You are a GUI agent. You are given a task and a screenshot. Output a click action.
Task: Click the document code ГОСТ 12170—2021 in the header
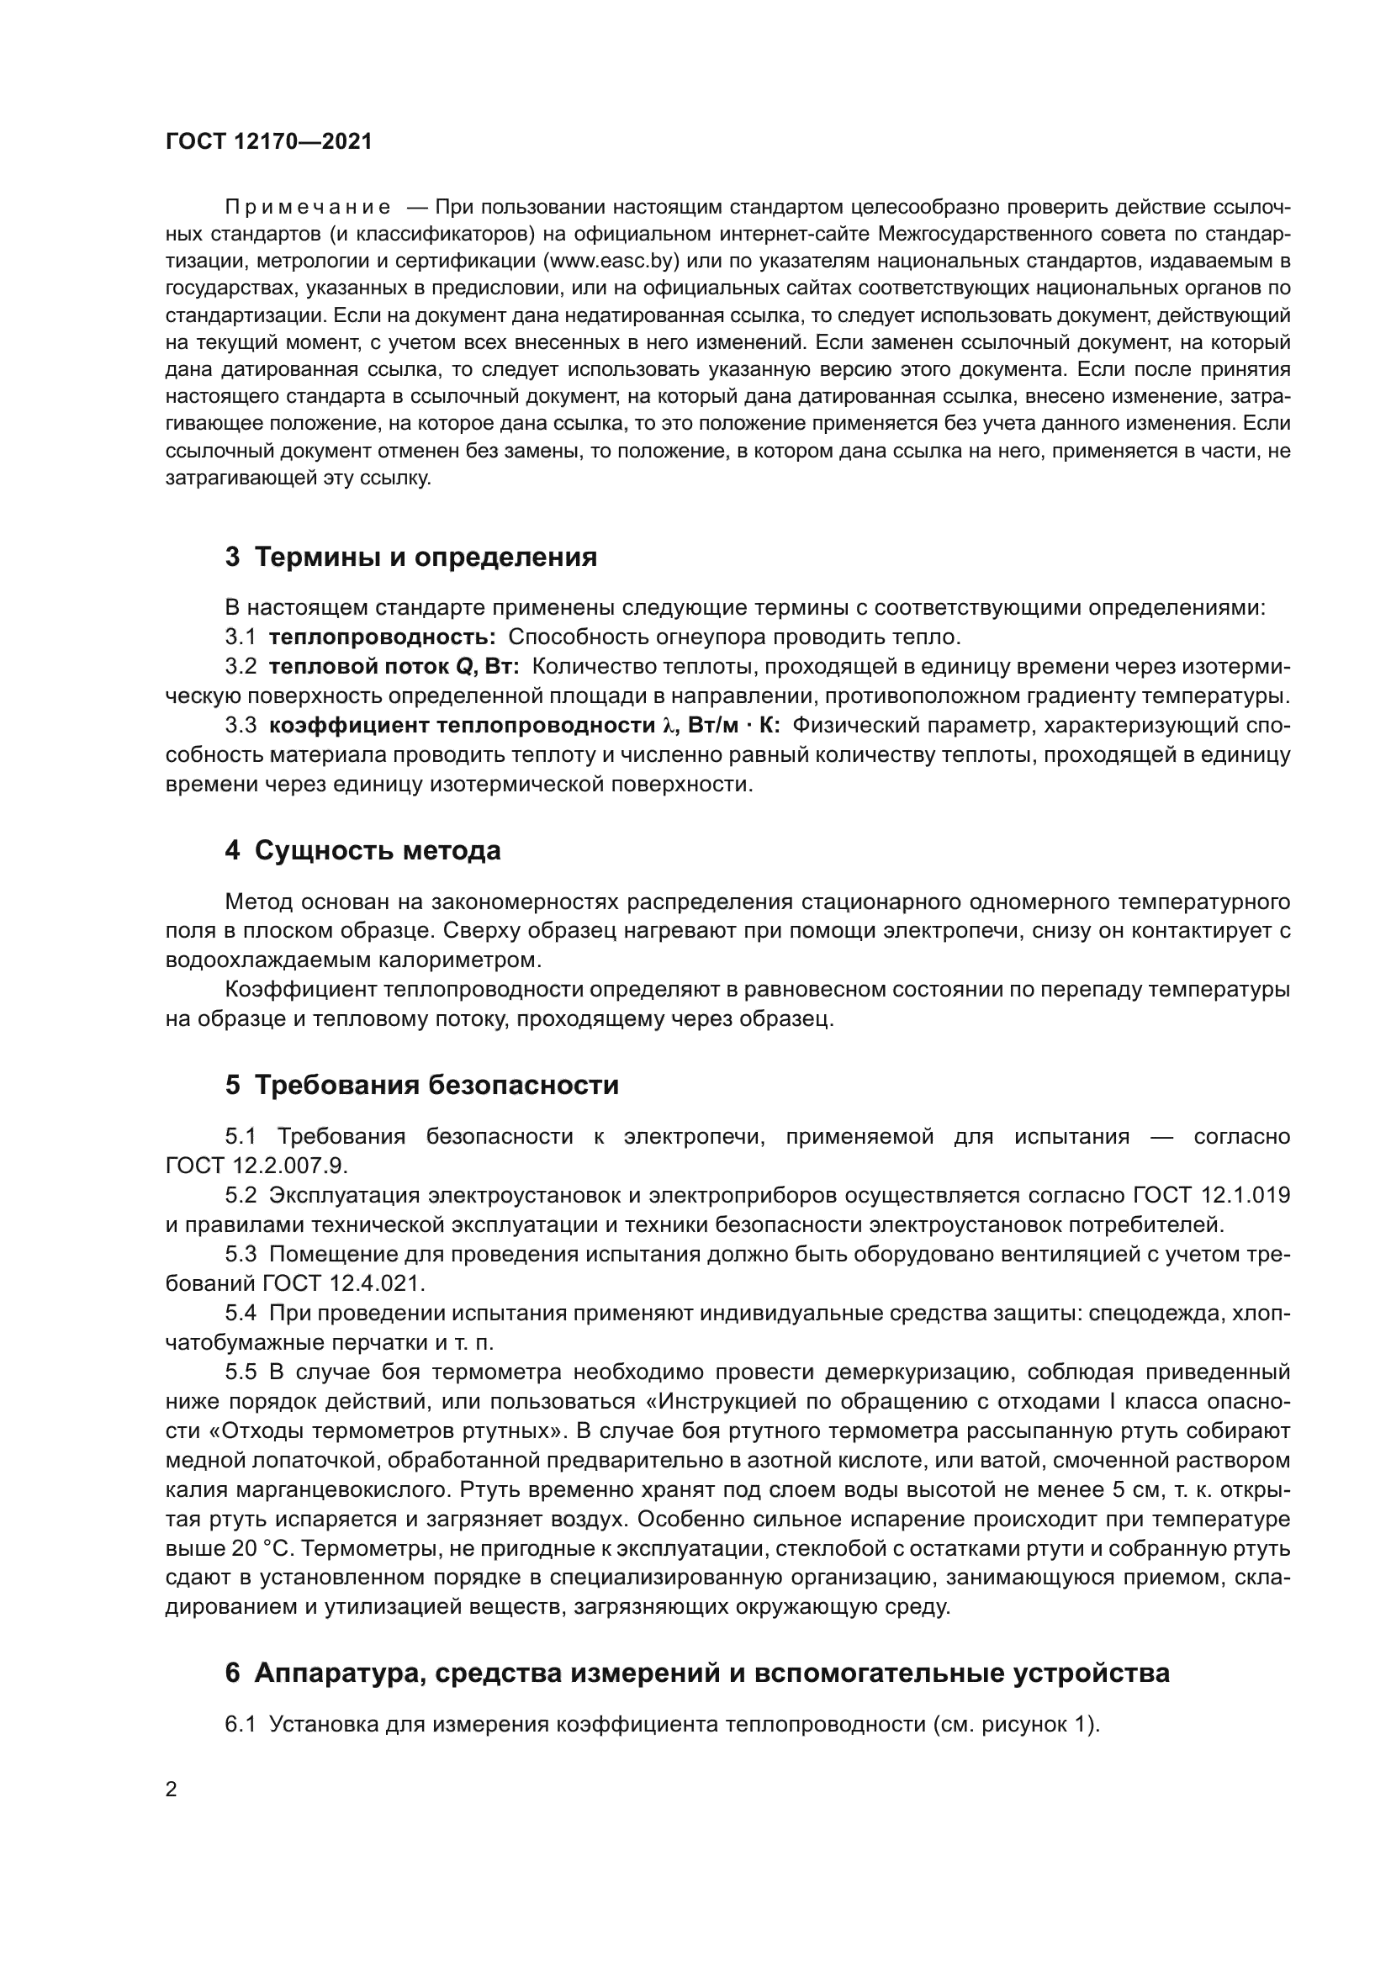269,142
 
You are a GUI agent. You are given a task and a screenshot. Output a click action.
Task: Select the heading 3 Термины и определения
411,558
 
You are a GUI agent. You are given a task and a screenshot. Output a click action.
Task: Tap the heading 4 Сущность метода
363,851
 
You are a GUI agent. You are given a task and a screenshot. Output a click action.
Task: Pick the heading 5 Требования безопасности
421,1086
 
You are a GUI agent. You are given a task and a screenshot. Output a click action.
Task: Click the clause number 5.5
241,1372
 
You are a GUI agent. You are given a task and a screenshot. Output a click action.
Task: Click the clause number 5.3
241,1254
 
